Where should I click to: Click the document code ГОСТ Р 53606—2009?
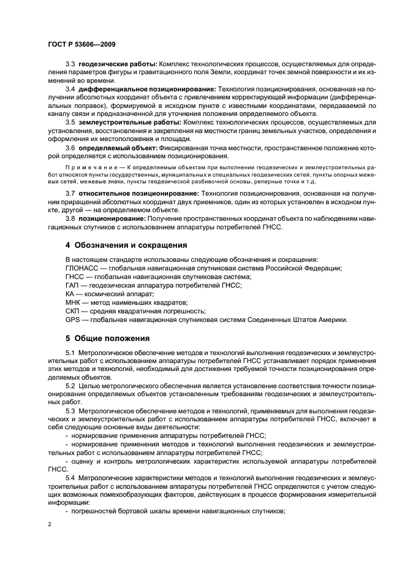click(x=81, y=44)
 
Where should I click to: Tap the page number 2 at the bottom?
click(x=50, y=524)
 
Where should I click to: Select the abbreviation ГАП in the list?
click(x=73, y=286)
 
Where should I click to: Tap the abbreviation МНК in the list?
click(x=74, y=302)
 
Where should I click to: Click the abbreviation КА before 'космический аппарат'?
click(x=70, y=294)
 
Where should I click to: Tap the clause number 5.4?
click(x=70, y=476)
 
